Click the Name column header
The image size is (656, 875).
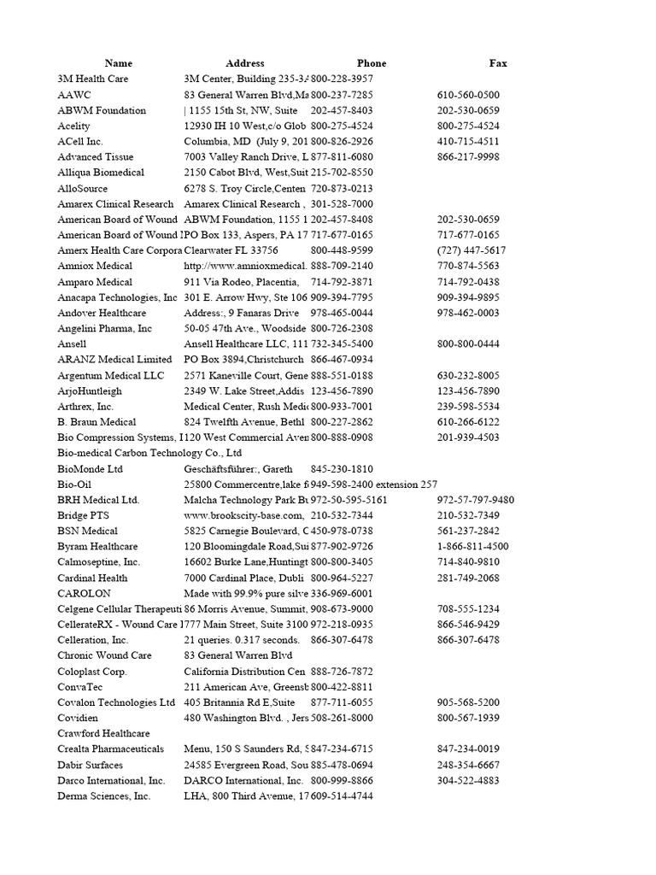[119, 63]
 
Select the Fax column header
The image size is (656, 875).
[498, 63]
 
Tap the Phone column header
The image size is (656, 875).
[372, 63]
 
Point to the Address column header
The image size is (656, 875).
[245, 63]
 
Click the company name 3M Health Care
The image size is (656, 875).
[93, 79]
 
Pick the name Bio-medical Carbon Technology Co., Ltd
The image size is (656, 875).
[149, 453]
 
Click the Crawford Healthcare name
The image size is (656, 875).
[103, 733]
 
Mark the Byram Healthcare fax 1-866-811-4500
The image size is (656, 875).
[472, 546]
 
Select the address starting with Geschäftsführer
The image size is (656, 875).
[238, 468]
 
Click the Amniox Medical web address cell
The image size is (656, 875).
[245, 266]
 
